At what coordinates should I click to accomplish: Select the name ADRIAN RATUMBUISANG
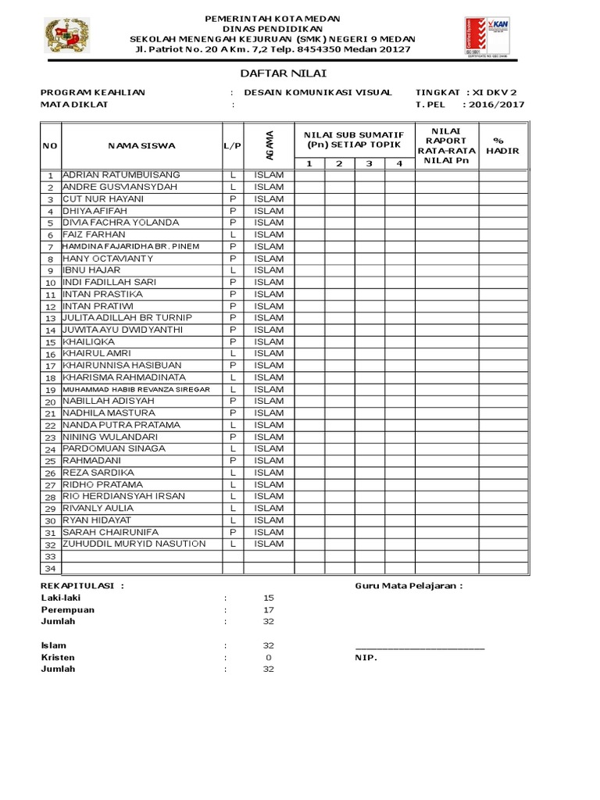coord(121,175)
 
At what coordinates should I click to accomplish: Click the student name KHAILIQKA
coord(88,341)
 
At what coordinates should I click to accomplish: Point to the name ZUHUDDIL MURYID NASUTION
coord(134,544)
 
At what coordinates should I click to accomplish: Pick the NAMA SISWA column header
coord(141,145)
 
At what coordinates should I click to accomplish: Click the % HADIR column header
coord(502,145)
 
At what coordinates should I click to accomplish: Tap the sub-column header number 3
coord(370,163)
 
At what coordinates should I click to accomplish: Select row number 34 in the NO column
coord(50,569)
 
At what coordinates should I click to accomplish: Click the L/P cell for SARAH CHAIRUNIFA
coord(233,532)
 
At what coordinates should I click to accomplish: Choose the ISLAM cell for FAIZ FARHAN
coord(269,234)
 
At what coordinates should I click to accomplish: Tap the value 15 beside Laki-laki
coord(269,598)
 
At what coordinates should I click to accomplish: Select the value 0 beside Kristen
coord(269,658)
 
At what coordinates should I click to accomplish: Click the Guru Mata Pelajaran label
coord(409,586)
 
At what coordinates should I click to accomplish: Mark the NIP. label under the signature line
coord(366,658)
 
